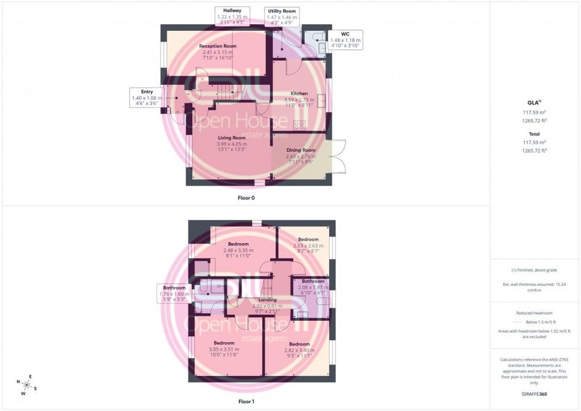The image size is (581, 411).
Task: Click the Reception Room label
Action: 218,46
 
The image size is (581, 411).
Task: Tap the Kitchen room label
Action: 299,93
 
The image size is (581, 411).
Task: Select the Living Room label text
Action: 231,137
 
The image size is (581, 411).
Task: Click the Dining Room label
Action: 301,150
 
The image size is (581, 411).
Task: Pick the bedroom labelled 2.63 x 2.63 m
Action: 308,240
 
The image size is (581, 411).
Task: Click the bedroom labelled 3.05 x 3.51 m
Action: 224,343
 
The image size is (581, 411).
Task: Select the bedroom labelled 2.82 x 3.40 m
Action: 299,344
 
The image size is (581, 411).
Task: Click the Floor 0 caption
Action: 246,197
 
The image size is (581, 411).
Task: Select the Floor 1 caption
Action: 246,402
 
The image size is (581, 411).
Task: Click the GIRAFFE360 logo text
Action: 535,394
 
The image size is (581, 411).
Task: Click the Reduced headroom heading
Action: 535,313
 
